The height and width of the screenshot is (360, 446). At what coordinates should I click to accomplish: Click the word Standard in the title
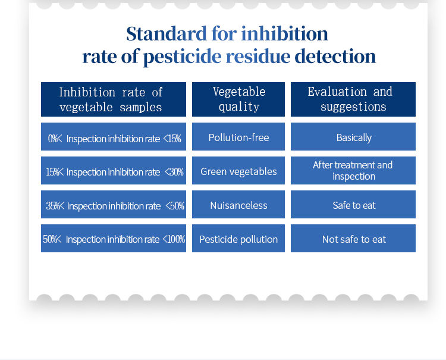167,33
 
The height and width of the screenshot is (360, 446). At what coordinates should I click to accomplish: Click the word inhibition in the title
284,33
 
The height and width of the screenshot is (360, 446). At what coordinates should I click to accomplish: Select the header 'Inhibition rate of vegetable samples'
114,99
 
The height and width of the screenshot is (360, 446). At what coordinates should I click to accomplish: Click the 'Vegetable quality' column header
238,99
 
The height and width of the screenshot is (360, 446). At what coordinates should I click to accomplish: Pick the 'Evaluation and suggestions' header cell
353,99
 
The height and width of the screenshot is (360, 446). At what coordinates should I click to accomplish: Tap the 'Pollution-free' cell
238,137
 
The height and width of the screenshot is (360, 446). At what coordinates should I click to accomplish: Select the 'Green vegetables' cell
238,170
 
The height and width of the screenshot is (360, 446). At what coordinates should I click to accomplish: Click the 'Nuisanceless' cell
238,204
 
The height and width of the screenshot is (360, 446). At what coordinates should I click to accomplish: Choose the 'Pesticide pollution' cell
238,238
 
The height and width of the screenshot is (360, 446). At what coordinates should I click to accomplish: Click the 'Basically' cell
353,137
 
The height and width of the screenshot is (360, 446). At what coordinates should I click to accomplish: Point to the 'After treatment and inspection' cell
353,170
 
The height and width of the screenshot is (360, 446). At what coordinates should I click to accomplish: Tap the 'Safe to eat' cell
353,204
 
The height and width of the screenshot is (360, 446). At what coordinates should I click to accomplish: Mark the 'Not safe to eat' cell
353,238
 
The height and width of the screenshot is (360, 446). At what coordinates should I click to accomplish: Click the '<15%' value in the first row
172,139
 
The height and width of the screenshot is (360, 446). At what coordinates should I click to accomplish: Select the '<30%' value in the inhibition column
174,172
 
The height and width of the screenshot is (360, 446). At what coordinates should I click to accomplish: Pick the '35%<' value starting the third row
55,206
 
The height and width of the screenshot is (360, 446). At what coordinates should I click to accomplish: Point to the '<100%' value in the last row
174,239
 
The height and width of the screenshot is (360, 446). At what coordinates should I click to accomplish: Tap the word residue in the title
258,56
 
